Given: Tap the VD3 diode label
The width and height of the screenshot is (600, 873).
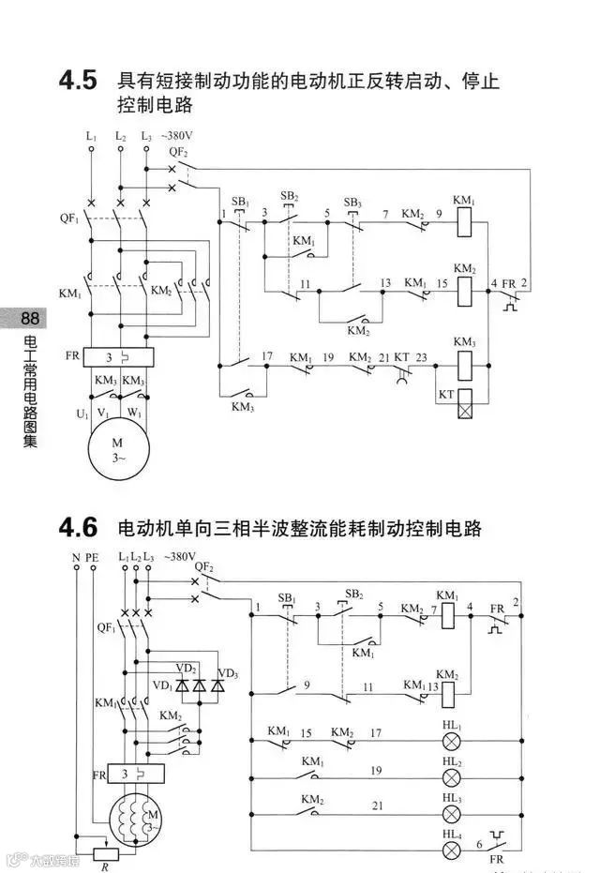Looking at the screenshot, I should pos(228,673).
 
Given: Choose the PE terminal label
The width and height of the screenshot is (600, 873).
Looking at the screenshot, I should pos(92,557).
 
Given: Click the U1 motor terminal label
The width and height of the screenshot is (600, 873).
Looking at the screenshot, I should pos(82,413).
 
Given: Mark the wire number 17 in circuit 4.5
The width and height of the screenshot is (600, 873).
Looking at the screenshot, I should pos(267,356).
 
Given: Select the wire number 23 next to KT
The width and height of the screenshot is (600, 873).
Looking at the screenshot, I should pos(421,357).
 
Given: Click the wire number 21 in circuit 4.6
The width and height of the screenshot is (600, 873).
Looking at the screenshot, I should pos(377,805).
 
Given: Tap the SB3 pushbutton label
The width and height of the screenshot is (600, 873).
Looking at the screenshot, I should pos(352,203).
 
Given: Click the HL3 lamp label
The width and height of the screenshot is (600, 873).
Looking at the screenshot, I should pos(452,796).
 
